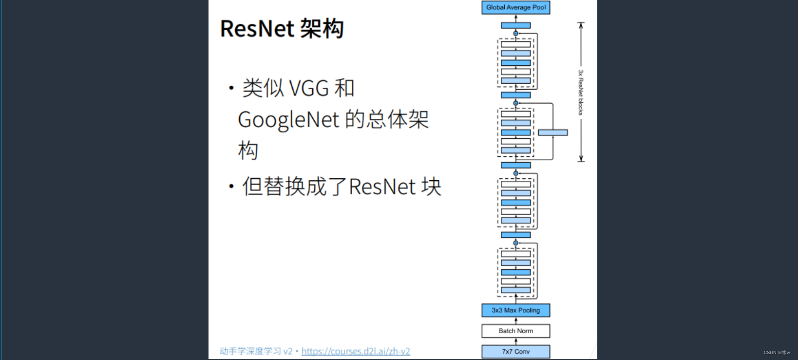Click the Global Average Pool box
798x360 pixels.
coord(515,7)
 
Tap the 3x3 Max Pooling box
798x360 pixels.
coord(515,310)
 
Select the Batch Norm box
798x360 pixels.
coord(515,331)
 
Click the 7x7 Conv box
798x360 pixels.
coord(515,351)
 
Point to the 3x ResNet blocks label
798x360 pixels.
coord(581,93)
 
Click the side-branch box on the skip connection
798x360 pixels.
coord(552,133)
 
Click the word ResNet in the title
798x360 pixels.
coord(257,29)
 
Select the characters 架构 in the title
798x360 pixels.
coord(322,29)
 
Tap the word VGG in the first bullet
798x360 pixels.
coord(309,89)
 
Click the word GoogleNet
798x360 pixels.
coord(288,120)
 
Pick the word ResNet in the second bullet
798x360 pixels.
coord(382,187)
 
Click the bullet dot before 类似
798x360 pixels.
coord(231,88)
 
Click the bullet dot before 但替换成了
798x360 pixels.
coord(231,186)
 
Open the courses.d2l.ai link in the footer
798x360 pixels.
coord(356,351)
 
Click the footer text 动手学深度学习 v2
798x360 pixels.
coord(256,351)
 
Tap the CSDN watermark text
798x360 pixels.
coord(777,352)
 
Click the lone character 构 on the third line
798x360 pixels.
coord(248,151)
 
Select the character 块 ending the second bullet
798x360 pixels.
coord(432,187)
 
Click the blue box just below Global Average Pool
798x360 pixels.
coord(515,25)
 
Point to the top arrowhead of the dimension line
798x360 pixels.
coord(581,24)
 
